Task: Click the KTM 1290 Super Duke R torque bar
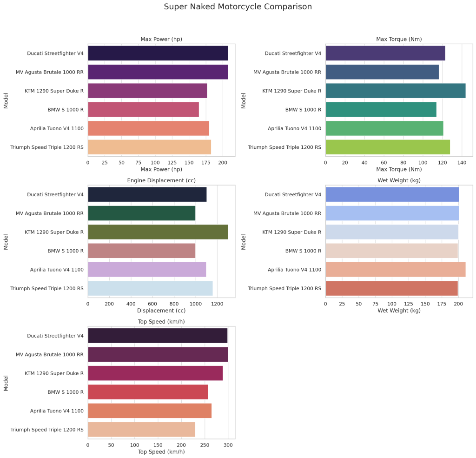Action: [395, 91]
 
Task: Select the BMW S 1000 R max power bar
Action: [143, 109]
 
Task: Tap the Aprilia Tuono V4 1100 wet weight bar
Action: [395, 270]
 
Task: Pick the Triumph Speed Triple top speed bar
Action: [141, 429]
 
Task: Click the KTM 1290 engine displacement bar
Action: [158, 232]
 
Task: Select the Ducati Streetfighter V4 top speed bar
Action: [158, 335]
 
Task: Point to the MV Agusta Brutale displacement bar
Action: [141, 213]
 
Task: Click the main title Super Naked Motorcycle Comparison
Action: [238, 7]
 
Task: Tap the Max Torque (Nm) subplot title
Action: [399, 39]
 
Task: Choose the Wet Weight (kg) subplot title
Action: [399, 180]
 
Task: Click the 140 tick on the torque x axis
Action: [462, 163]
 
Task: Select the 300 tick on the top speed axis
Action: [228, 445]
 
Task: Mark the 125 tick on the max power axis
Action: [172, 163]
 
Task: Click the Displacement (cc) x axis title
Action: [161, 311]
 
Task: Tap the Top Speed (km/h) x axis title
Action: [161, 451]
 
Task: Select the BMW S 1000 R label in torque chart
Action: [303, 110]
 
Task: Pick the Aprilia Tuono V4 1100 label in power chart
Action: [57, 128]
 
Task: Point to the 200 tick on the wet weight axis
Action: [459, 304]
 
